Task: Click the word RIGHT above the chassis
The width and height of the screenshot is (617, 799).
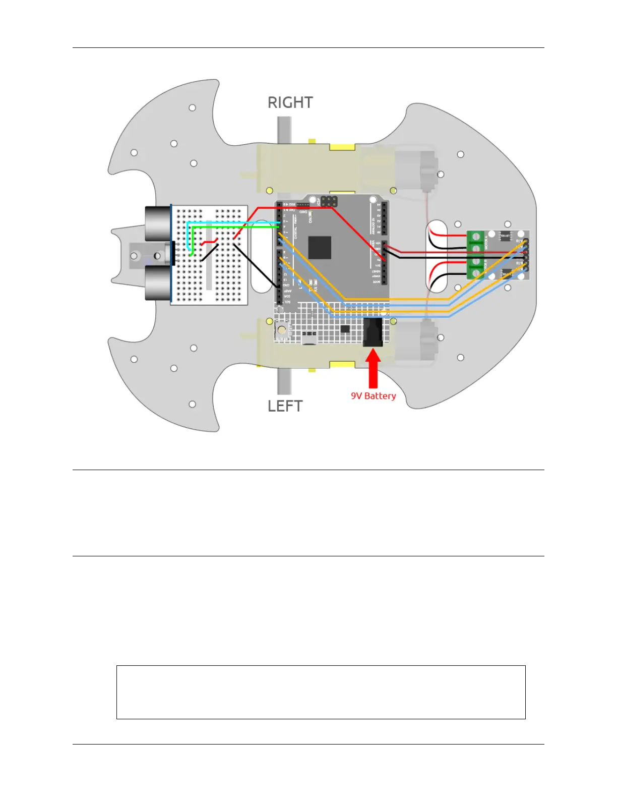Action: [x=290, y=103]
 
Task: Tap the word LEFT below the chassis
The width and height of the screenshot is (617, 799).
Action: [x=285, y=406]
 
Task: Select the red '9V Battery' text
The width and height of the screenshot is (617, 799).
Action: [x=373, y=396]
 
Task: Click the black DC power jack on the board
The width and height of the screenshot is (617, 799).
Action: [x=373, y=331]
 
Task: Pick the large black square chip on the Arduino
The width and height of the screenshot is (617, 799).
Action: [x=320, y=248]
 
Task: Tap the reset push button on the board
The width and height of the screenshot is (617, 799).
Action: [x=282, y=330]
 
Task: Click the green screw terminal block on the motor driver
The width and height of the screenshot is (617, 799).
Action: [x=475, y=255]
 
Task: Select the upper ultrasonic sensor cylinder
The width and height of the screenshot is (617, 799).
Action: [x=158, y=223]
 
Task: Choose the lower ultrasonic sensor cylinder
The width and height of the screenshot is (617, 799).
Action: [x=158, y=283]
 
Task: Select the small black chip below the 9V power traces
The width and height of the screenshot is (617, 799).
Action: [x=345, y=329]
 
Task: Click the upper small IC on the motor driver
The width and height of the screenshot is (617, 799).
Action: [x=505, y=236]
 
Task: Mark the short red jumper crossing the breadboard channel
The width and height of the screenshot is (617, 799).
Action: [x=209, y=242]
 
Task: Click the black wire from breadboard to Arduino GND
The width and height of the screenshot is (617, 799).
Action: [x=257, y=266]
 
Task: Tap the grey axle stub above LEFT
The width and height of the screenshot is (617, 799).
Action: [x=284, y=381]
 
